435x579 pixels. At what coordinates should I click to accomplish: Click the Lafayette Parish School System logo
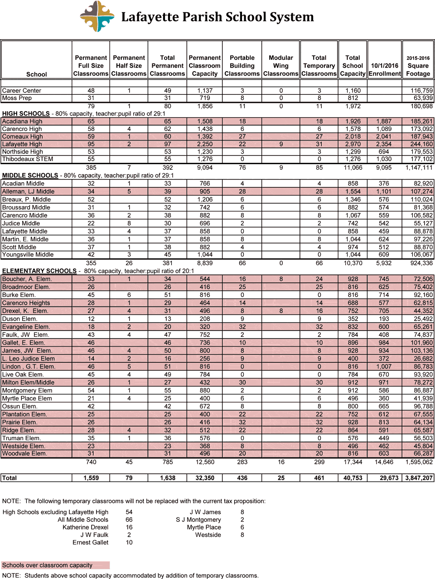pos(97,17)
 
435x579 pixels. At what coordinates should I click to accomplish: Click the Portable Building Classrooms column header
pos(242,66)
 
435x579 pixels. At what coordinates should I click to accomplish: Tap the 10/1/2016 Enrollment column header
pos(384,69)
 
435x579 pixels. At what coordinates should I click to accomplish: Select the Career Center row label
pos(22,91)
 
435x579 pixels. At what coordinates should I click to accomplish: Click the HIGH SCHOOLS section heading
pos(26,114)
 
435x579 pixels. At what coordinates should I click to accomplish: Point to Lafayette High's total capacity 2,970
pos(353,144)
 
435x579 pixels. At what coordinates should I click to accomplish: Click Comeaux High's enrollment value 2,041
pos(384,136)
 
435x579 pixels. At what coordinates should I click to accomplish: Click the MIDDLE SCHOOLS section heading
pos(30,175)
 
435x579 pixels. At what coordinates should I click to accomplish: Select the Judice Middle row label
pos(21,224)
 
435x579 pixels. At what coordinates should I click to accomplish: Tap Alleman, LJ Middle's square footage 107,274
pos(421,192)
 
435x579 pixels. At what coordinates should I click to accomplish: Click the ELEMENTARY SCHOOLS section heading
pos(39,271)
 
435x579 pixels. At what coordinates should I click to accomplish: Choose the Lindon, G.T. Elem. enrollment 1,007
pos(384,366)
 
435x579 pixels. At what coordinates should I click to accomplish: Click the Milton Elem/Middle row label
pos(28,382)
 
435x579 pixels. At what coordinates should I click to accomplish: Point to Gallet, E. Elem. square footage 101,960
pos(421,343)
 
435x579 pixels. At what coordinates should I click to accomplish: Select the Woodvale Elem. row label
pos(24,453)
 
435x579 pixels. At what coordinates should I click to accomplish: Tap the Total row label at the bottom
pos(10,478)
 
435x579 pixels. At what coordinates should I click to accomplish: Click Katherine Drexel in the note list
pos(85,527)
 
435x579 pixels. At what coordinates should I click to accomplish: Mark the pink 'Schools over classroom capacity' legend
pos(55,565)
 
